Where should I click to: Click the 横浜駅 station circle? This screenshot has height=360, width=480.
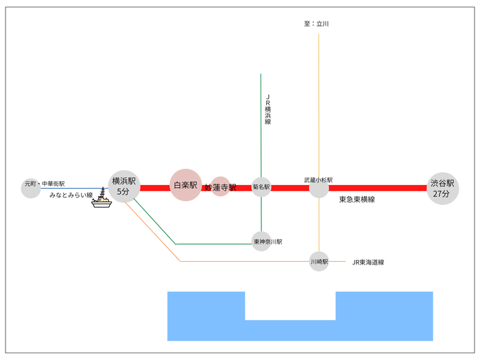pos(123,187)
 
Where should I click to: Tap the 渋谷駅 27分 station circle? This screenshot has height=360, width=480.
pos(441,188)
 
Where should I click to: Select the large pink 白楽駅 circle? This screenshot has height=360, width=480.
pos(186,185)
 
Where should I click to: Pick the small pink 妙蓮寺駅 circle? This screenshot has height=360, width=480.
pos(220,187)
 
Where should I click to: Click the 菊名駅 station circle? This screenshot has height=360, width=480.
pos(261,187)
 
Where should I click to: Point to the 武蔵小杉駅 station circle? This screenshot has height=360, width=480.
pos(319,188)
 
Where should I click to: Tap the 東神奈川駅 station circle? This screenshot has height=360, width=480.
pos(261,241)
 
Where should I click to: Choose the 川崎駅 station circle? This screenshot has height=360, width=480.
pos(319,261)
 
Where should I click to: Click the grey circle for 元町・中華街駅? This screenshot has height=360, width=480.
pos(31,189)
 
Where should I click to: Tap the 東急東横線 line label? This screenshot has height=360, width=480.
pos(357,200)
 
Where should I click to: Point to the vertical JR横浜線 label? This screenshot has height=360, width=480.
pos(268,110)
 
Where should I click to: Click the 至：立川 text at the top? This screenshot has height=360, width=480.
pos(317,24)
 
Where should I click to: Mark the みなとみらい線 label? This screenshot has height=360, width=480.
pos(71,195)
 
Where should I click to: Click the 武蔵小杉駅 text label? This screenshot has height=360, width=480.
pos(319,180)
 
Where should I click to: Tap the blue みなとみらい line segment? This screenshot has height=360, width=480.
pos(75,188)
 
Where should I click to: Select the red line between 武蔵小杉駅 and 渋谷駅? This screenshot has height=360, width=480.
pos(377,188)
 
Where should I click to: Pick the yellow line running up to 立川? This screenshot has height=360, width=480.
pos(319,103)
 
